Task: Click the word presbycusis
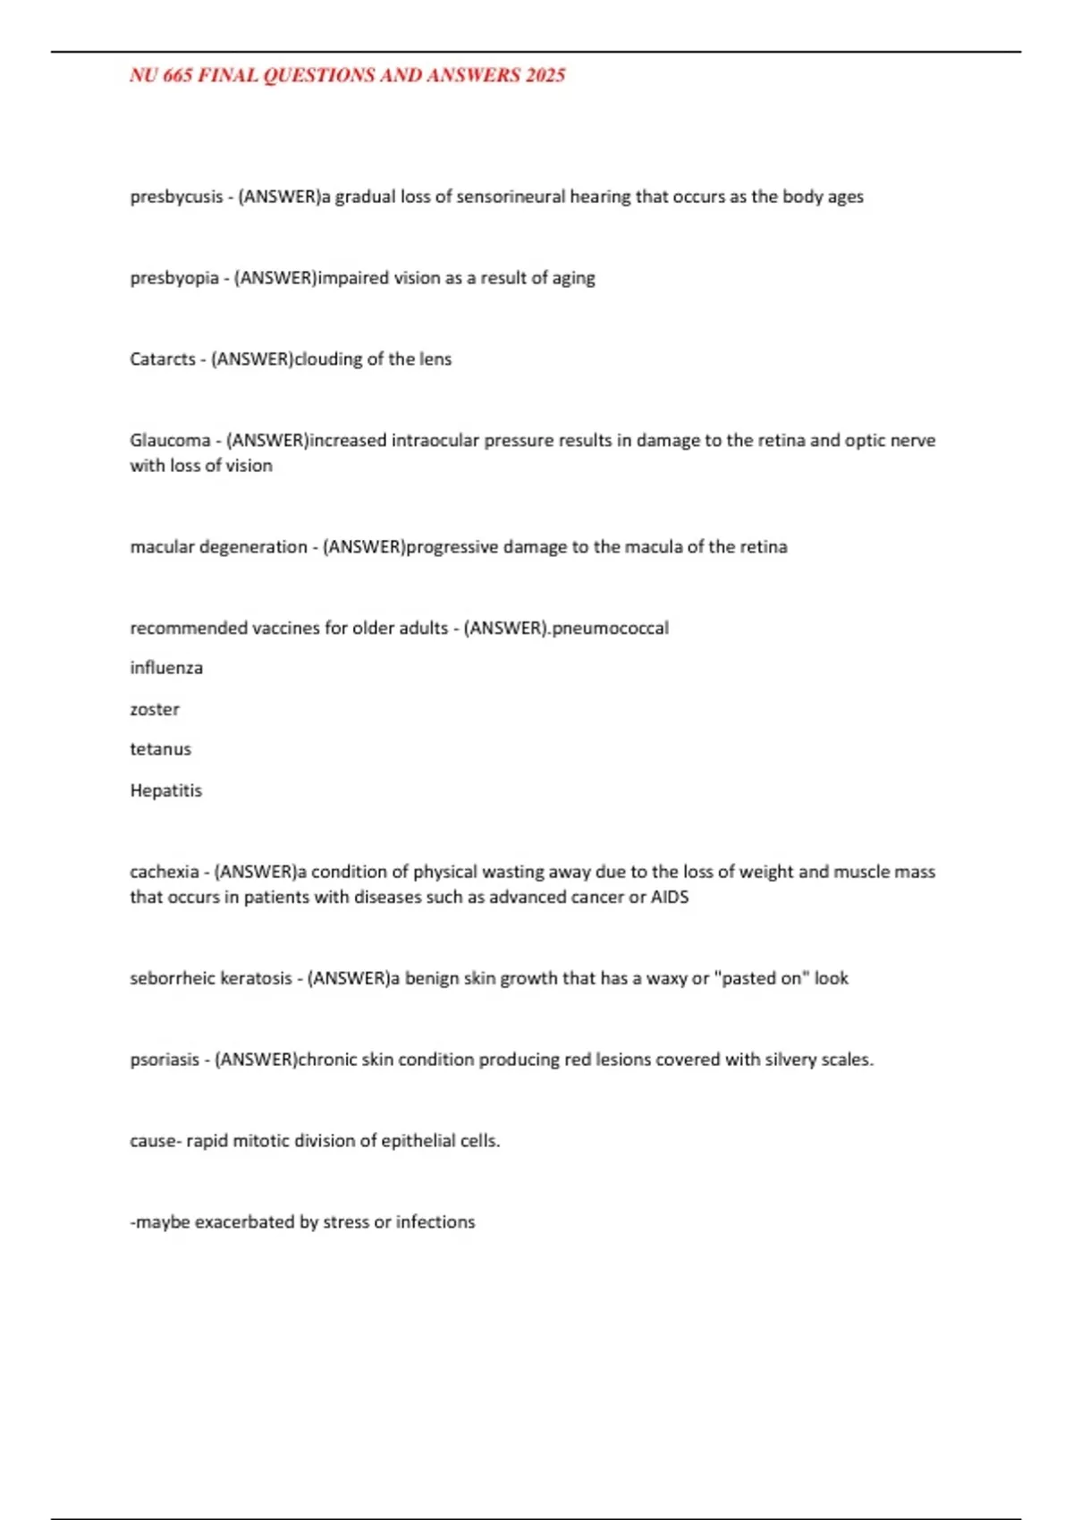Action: pos(176,197)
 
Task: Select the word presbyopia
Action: pos(174,278)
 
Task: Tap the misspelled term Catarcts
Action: pos(163,359)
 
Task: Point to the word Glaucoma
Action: pos(170,441)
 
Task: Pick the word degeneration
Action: pos(253,547)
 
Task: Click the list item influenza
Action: pos(166,668)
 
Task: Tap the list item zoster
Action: pos(155,709)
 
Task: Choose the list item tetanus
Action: pos(160,749)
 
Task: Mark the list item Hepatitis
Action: pos(166,790)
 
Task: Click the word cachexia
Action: pos(165,872)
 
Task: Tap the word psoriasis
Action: pos(165,1060)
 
